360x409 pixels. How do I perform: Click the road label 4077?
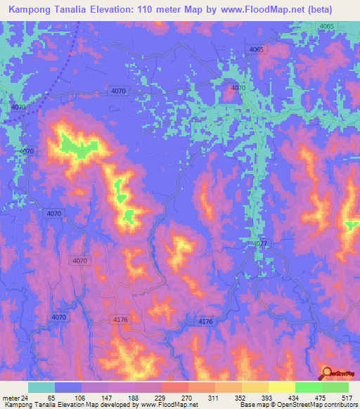(x=259, y=244)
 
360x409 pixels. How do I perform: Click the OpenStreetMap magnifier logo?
(x=326, y=373)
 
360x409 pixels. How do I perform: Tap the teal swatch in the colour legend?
(x=41, y=387)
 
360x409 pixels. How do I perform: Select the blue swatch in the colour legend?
(x=68, y=387)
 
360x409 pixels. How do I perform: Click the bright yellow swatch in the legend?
(x=282, y=387)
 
